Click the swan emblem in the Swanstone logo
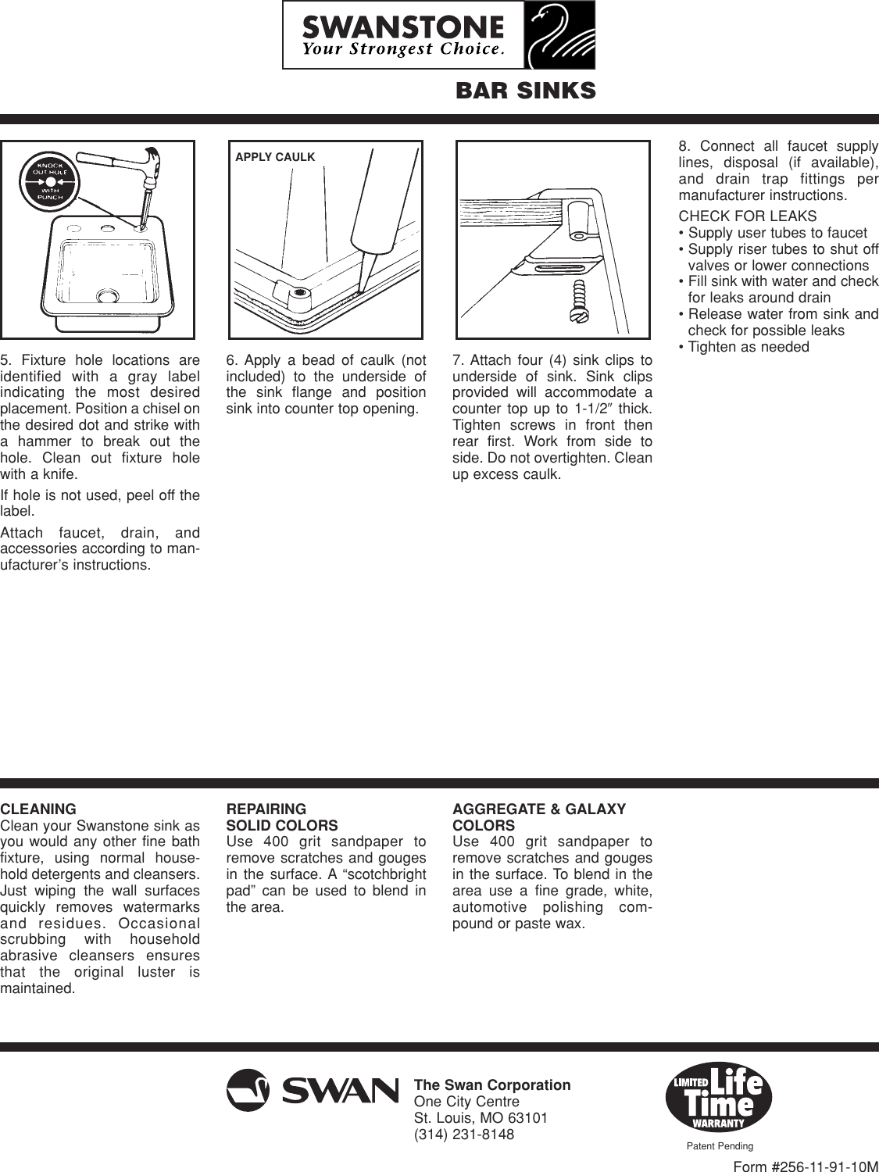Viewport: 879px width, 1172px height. click(557, 35)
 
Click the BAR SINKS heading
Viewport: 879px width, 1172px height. click(525, 91)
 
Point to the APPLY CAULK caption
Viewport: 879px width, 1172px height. click(275, 157)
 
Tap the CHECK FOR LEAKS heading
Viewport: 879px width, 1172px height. click(748, 216)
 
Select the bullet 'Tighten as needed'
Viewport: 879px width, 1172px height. click(748, 347)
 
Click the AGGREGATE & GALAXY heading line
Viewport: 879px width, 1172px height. click(539, 809)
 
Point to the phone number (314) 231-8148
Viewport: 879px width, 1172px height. click(464, 1134)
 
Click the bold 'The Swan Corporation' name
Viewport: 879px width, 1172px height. click(492, 1085)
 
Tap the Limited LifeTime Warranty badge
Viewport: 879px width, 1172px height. click(718, 1097)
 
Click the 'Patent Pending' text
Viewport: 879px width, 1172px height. click(720, 1146)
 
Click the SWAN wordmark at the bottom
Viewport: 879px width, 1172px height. click(341, 1091)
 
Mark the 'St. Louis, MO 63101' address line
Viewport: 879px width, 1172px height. click(481, 1118)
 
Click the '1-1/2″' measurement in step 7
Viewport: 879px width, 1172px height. click(593, 409)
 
